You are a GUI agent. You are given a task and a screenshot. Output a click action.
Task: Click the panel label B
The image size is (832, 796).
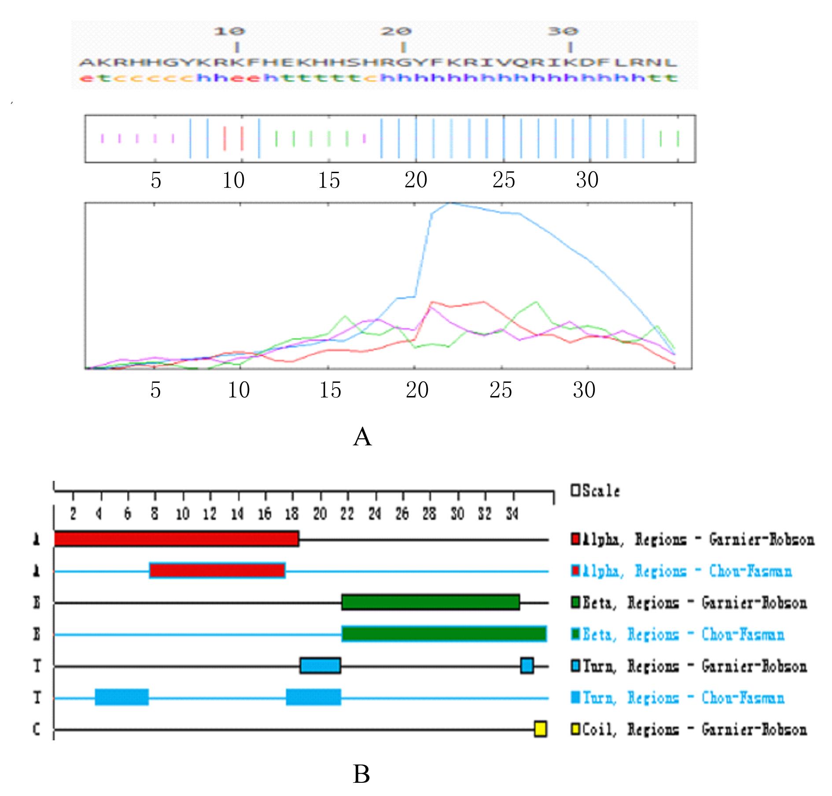point(361,774)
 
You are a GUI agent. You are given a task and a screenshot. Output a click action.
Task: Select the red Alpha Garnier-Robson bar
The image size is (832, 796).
point(176,539)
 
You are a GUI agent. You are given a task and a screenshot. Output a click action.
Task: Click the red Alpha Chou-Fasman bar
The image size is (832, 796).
point(217,571)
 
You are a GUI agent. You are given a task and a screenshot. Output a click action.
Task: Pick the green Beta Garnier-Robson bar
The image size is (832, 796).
point(431,602)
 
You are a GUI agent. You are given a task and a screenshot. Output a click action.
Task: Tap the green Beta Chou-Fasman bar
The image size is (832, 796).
point(444,634)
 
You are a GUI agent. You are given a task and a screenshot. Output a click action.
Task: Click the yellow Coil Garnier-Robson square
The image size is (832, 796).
point(540,729)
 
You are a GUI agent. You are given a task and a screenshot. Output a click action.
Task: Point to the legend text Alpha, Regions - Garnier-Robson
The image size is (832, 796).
point(698,540)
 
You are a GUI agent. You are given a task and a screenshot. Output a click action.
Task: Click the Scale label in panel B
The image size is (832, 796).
point(601,491)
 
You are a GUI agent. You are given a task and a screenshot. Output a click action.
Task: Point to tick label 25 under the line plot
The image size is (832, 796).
point(501,390)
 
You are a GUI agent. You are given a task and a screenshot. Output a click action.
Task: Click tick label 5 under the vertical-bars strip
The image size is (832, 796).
point(156,181)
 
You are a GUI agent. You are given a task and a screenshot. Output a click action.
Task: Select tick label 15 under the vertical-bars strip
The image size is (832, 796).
point(329,181)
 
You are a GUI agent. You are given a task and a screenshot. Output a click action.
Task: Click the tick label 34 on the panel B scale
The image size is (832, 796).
point(512,514)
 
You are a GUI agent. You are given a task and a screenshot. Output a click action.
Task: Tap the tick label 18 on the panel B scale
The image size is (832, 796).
point(292,514)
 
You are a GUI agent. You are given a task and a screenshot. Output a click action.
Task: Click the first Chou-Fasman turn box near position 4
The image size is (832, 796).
point(121,697)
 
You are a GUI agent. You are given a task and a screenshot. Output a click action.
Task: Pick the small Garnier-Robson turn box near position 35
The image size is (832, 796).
point(526,666)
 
